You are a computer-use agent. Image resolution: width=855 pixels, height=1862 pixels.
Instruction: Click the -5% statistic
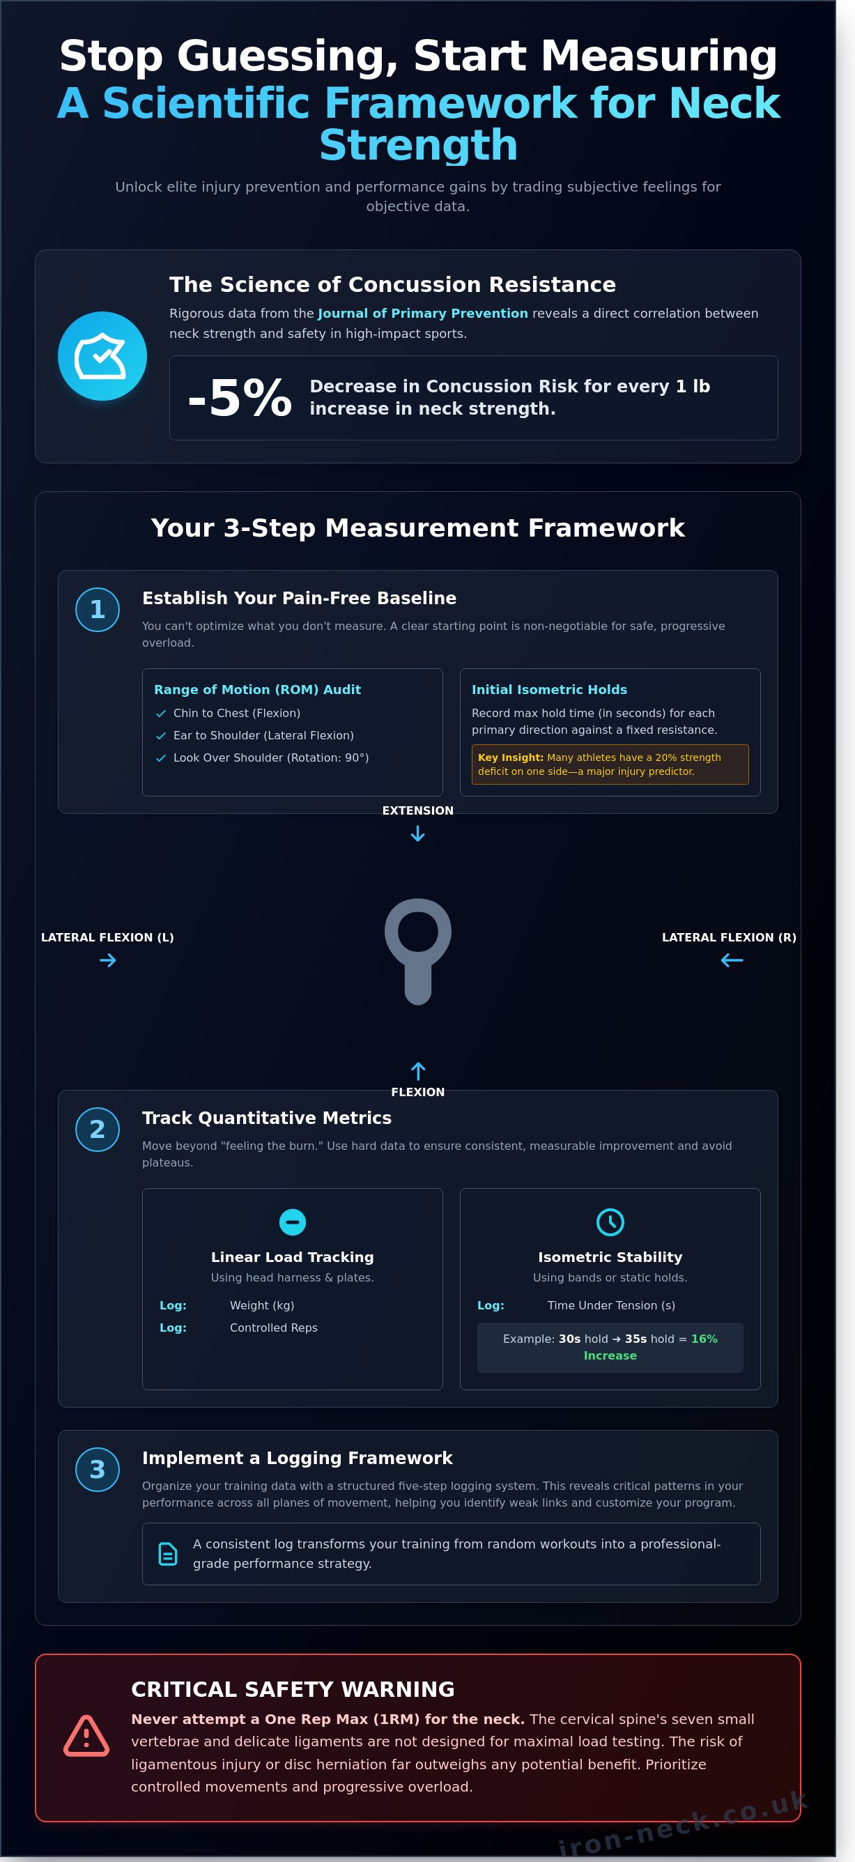tap(240, 397)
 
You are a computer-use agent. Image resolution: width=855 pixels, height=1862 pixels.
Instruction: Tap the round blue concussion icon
tap(102, 355)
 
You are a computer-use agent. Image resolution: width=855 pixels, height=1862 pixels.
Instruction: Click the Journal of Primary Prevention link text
tap(423, 313)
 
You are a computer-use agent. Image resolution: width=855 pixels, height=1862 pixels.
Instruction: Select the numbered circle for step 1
tap(98, 609)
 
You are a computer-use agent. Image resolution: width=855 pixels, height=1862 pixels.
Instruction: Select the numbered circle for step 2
tap(98, 1129)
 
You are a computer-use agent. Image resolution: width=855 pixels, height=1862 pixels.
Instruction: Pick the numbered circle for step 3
tap(98, 1470)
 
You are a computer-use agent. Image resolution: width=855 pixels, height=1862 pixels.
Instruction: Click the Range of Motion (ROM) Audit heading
tap(257, 690)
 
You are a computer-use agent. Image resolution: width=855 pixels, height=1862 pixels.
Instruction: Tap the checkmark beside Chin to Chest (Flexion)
tap(160, 714)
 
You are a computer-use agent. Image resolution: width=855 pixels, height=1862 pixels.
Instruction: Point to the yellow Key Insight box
tap(610, 764)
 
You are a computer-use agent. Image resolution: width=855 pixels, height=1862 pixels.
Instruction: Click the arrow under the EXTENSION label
tap(417, 834)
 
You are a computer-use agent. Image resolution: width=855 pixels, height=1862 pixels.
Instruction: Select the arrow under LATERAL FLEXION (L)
tap(108, 960)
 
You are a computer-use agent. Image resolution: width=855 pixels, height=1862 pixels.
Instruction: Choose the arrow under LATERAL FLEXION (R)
tap(732, 960)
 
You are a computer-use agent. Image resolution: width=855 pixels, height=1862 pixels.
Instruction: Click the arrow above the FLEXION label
tap(417, 1070)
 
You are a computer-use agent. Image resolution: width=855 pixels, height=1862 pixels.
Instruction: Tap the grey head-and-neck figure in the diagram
tap(417, 951)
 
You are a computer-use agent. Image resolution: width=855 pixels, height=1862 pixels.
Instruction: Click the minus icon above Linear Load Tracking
tap(293, 1222)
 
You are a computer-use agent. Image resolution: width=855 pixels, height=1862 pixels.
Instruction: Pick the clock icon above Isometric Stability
tap(610, 1222)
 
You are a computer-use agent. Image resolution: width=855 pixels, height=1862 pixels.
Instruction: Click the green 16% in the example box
tap(704, 1339)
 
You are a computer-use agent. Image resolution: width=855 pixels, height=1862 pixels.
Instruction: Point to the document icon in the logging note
tap(168, 1554)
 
